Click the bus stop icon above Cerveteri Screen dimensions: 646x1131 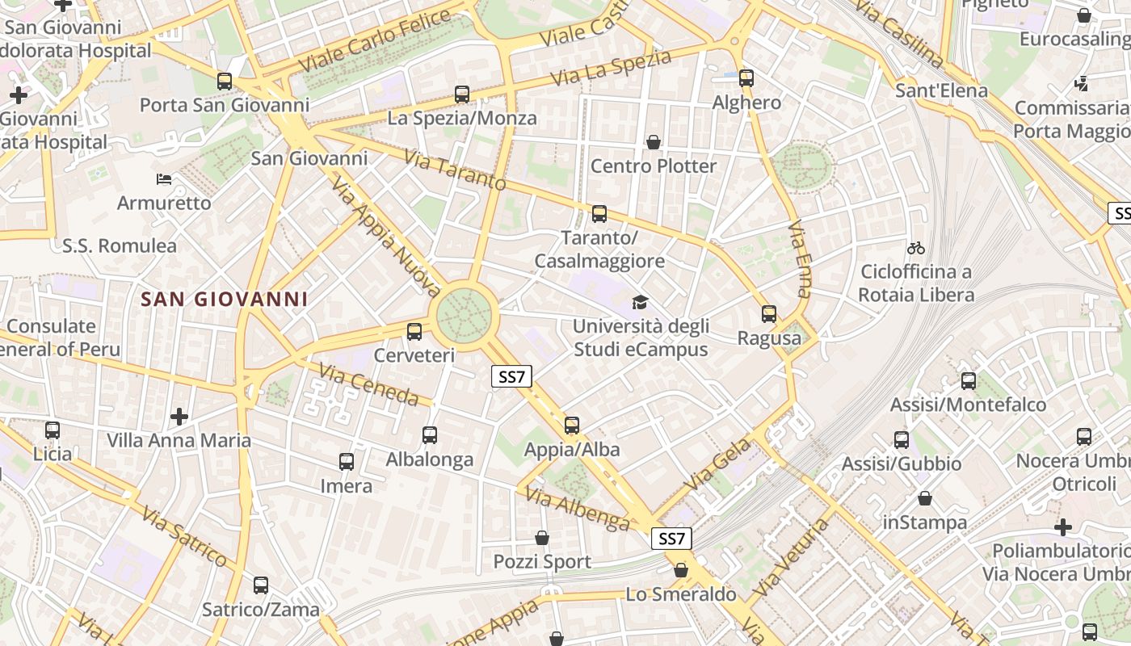point(414,331)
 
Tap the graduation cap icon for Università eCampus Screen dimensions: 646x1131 point(640,302)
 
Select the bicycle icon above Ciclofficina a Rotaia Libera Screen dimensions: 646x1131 point(915,248)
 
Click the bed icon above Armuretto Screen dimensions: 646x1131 point(164,178)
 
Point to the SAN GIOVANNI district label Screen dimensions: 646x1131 point(225,300)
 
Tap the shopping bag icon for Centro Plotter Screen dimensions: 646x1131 point(654,142)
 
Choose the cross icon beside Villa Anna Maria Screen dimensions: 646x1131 point(179,417)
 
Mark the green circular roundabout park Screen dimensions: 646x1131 point(464,315)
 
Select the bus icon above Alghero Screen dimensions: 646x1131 point(746,78)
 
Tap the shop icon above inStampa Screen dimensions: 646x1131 point(925,498)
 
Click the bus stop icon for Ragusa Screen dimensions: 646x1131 point(769,314)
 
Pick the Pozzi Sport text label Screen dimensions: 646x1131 point(542,561)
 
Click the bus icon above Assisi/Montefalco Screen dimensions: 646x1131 point(968,380)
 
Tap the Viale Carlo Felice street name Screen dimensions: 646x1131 point(373,40)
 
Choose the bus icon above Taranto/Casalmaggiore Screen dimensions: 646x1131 point(599,214)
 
